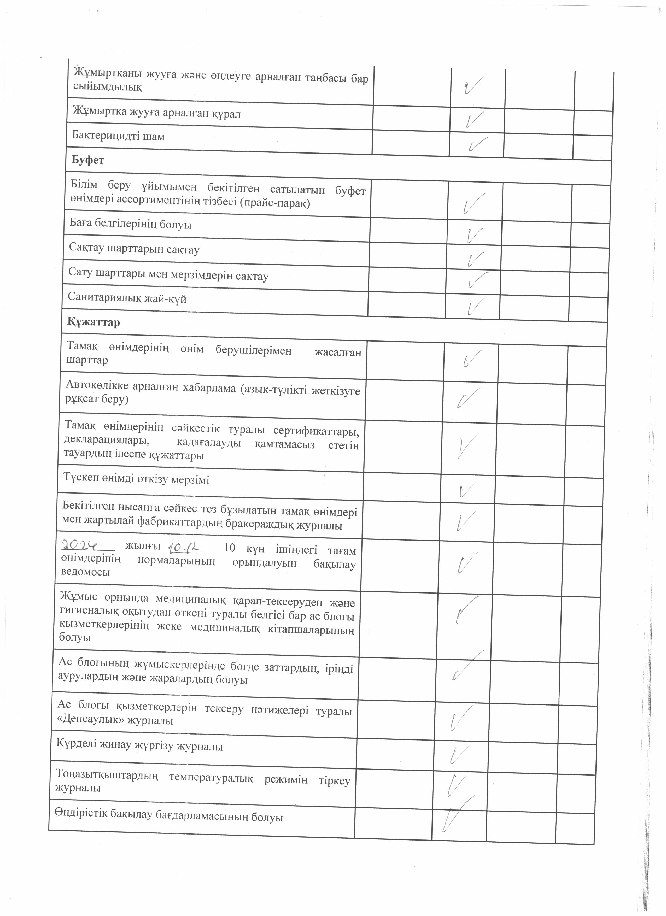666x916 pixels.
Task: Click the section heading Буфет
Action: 88,160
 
